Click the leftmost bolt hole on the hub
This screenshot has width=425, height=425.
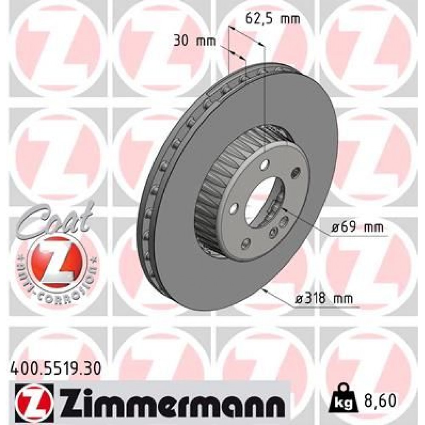(x=233, y=209)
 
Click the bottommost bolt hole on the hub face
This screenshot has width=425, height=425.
(x=245, y=243)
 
